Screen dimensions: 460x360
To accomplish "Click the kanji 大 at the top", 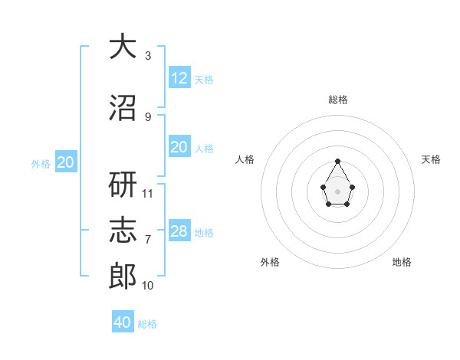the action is click(x=123, y=46).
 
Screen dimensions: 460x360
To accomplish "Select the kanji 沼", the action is click(x=123, y=107).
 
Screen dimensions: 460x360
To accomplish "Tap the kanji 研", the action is click(x=123, y=184).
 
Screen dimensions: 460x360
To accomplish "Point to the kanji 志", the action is click(x=123, y=230).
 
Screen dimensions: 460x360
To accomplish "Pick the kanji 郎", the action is click(x=123, y=276).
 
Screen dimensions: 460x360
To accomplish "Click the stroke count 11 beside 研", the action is click(x=147, y=194).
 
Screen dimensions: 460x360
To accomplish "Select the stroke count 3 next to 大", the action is click(x=148, y=56).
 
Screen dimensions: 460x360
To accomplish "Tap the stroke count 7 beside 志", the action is click(x=148, y=240).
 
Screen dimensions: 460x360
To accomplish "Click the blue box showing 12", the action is click(x=179, y=77).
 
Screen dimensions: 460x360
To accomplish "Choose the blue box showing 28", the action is click(x=179, y=230).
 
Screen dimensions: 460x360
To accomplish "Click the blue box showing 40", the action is click(x=123, y=321).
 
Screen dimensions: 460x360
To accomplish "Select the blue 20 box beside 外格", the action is click(x=66, y=162).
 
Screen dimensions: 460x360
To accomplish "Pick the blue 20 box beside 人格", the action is click(x=179, y=146).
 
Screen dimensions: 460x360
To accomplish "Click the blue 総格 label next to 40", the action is click(x=147, y=324).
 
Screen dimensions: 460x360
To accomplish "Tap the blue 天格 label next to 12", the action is click(x=204, y=80).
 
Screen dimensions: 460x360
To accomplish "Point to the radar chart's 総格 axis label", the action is click(x=338, y=100).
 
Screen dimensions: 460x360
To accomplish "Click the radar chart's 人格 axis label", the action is click(x=245, y=159).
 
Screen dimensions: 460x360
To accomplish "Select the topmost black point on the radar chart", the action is click(x=337, y=162).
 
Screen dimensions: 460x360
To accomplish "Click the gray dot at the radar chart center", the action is click(x=337, y=191).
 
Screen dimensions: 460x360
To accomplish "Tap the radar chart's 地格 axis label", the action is click(x=402, y=262).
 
